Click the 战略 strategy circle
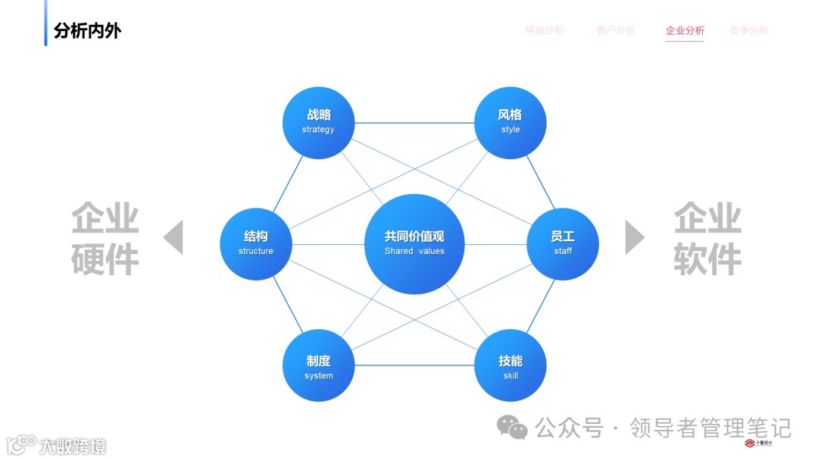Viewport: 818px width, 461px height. pos(318,123)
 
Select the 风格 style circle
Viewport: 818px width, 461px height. pos(510,123)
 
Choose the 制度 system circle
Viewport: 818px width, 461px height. pos(318,365)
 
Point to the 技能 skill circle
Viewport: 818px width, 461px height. pos(510,365)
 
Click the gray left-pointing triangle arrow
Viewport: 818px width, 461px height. pos(174,237)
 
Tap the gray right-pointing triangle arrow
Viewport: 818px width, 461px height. pos(634,237)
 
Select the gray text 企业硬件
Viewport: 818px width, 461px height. pos(105,238)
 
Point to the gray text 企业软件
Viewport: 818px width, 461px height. pos(707,238)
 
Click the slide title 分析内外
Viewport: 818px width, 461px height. pos(87,31)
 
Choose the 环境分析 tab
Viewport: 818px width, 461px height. pos(545,31)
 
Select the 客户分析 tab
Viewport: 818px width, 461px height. pos(616,31)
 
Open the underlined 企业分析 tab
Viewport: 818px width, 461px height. pos(685,31)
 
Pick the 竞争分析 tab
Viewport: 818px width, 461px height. pos(749,31)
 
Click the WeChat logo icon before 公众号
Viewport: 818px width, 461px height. pos(512,428)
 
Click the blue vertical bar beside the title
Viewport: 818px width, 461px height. pos(45,23)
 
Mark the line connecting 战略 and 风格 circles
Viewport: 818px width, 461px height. pos(414,123)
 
